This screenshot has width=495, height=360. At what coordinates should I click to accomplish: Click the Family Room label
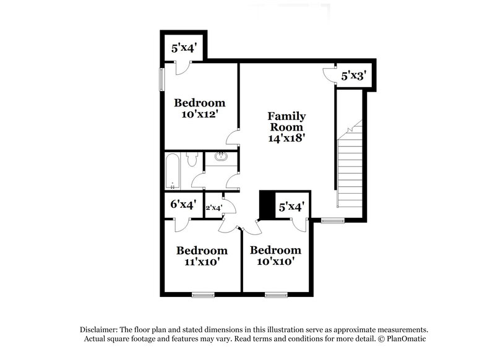(x=286, y=122)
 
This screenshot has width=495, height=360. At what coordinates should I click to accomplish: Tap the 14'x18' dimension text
(x=286, y=139)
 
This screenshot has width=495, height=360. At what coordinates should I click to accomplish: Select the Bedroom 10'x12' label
(x=199, y=108)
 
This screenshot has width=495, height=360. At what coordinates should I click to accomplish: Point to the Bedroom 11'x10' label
(x=202, y=255)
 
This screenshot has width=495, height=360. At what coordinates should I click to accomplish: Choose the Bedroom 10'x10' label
(x=275, y=255)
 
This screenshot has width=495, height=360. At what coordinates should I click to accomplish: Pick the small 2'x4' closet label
(x=214, y=208)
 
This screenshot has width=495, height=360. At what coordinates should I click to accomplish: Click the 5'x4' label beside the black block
(x=291, y=207)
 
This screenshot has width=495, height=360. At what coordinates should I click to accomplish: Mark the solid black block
(x=267, y=205)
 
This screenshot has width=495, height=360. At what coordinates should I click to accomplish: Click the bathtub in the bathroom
(x=173, y=171)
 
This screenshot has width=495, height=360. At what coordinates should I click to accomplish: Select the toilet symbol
(x=192, y=161)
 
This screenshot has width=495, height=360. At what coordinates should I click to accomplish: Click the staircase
(x=350, y=167)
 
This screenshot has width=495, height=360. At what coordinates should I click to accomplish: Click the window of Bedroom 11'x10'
(x=202, y=293)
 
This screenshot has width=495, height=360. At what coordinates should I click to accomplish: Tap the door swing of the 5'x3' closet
(x=328, y=74)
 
